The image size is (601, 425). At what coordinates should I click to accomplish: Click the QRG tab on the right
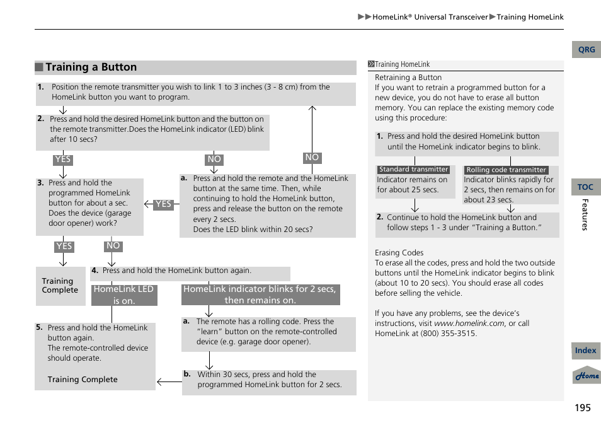586,50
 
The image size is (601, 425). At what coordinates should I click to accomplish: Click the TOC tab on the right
585,187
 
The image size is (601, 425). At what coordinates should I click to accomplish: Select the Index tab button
585,351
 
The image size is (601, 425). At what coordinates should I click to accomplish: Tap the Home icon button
587,375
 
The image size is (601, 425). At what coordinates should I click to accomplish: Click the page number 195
583,407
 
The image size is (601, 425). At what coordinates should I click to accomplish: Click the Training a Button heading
91,67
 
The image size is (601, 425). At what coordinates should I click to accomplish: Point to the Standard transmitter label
413,170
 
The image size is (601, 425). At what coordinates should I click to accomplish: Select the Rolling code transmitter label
506,170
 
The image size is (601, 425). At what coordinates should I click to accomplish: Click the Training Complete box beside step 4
60,286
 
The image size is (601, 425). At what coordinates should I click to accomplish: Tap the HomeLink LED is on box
123,295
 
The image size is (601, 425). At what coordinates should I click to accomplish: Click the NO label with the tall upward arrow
312,158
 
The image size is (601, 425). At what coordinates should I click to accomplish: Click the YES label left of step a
163,204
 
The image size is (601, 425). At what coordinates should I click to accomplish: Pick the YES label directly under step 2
63,160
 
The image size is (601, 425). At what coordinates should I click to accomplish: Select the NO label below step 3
113,246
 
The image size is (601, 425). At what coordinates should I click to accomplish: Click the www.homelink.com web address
469,323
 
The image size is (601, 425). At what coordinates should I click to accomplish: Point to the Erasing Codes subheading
399,253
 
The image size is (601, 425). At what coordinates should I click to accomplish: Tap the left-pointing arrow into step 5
168,381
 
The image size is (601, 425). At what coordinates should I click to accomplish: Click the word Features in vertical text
584,214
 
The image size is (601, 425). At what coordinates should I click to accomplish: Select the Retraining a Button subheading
408,78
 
